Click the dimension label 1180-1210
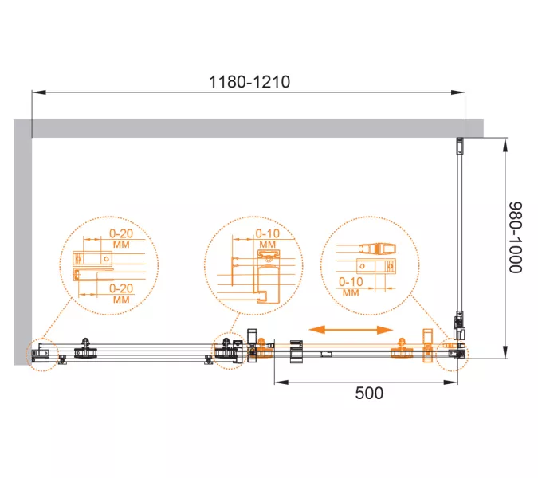tap(249, 82)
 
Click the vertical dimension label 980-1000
tap(515, 237)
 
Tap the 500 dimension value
tap(369, 393)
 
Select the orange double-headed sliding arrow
tap(351, 330)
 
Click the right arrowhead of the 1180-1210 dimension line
tap(458, 92)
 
